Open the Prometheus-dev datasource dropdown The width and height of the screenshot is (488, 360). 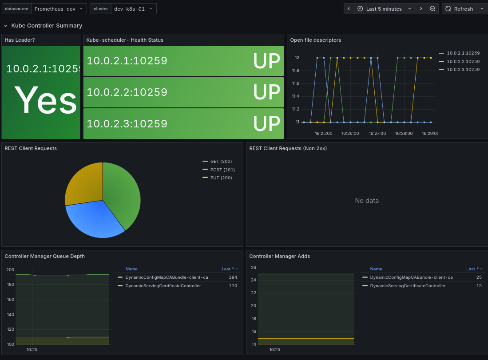coord(59,9)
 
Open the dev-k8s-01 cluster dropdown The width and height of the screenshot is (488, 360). coord(134,9)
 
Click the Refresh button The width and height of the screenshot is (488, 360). coord(459,9)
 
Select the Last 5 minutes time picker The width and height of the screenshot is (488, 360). coord(385,9)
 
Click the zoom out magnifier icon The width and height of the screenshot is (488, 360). coord(432,9)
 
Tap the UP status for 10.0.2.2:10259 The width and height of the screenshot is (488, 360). coord(267,92)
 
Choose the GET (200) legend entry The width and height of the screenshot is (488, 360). coord(217,161)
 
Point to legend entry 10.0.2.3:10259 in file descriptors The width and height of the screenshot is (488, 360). coord(460,69)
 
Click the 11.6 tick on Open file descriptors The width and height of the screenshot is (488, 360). coord(296,83)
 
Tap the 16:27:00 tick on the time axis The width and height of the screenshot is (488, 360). coord(377,133)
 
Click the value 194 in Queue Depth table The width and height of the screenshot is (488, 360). coord(233,277)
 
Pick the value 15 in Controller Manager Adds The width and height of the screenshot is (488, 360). coord(479,285)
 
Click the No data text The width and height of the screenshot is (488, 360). coord(367,201)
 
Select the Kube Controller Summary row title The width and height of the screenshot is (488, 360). coord(47,25)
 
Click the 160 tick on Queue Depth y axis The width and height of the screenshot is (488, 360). coord(10,299)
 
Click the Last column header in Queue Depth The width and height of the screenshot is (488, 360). coord(226,269)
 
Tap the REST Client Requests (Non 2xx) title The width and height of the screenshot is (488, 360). coord(288,148)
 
